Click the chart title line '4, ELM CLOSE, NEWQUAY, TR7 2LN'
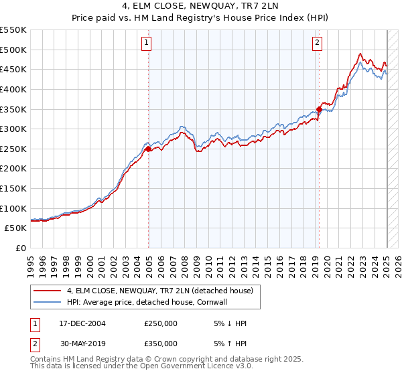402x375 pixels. [200, 7]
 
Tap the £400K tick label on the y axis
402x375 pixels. [13, 89]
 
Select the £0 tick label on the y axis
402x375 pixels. [21, 248]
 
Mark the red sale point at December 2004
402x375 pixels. [149, 149]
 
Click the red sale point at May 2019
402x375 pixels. [320, 109]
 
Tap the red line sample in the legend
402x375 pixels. [47, 291]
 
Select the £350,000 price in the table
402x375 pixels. [161, 344]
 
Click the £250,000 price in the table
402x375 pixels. [161, 323]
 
